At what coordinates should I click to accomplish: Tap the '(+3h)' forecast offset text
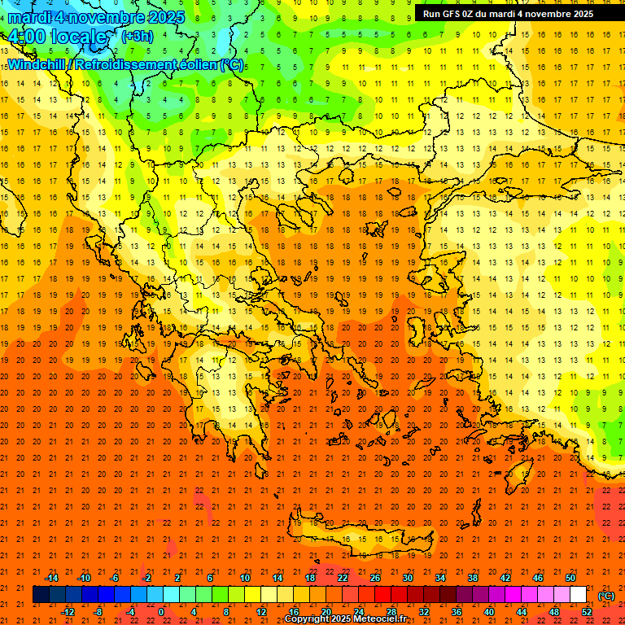tap(136, 36)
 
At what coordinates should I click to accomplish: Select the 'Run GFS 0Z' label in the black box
tap(453, 14)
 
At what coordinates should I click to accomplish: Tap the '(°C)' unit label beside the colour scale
tap(605, 596)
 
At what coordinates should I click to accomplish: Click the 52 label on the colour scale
tap(586, 612)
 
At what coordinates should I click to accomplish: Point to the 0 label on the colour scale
tap(161, 612)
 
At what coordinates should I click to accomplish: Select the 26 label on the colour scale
tap(375, 578)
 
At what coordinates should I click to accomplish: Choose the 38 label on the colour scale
tap(473, 578)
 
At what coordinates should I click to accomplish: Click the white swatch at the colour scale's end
tap(578, 595)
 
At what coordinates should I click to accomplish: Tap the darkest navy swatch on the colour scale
tap(41, 595)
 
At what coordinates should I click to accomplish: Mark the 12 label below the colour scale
tap(262, 612)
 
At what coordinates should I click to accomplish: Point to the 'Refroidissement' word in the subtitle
tap(134, 64)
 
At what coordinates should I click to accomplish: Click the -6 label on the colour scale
tap(115, 578)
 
